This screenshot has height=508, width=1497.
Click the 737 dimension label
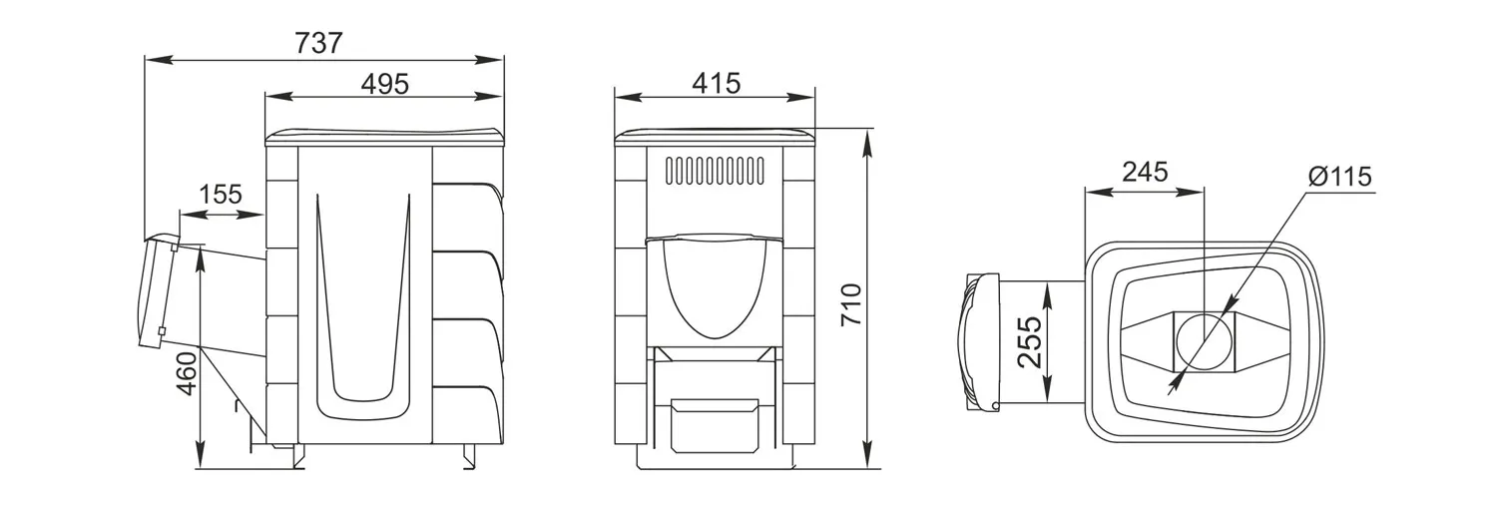click(x=318, y=43)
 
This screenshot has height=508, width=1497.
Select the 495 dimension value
click(x=384, y=84)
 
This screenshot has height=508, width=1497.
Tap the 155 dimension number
click(x=221, y=195)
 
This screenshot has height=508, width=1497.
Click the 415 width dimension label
click(x=716, y=84)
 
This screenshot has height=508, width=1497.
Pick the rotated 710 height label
click(x=850, y=304)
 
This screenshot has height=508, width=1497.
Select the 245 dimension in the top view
click(x=1145, y=172)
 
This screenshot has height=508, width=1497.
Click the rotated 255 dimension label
click(x=1029, y=341)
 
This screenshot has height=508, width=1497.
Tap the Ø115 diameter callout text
click(x=1339, y=177)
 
